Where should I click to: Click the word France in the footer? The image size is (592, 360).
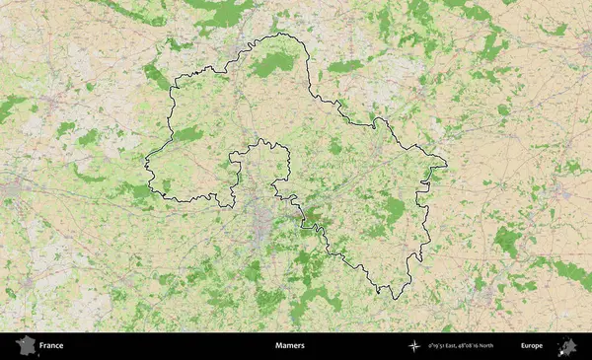coord(52,346)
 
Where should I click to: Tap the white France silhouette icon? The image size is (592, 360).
coord(24,346)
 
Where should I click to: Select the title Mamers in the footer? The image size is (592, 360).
coord(290,346)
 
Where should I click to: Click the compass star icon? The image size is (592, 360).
coord(413,346)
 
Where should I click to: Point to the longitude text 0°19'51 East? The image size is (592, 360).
coord(445,346)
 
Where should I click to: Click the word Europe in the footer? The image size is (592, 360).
coord(532,346)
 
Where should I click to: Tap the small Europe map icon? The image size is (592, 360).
coord(567,346)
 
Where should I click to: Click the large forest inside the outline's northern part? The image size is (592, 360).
coord(271,65)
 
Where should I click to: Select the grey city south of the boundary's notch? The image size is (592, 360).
coord(260,222)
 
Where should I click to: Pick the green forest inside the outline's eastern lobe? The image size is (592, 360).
coord(395,209)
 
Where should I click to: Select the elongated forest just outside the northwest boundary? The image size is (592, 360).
coord(156,75)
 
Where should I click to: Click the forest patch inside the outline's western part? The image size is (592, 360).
coord(187,134)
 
